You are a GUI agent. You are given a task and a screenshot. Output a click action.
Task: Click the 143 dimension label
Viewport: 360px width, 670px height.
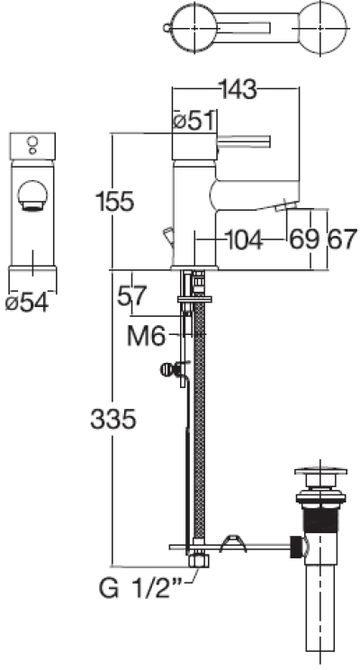point(237,89)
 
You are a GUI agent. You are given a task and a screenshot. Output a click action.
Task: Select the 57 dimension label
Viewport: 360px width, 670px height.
point(132,294)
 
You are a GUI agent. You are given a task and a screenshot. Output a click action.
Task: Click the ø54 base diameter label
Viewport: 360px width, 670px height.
point(26,303)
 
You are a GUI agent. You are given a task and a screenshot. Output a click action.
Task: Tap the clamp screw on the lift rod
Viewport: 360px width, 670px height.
point(167,367)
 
